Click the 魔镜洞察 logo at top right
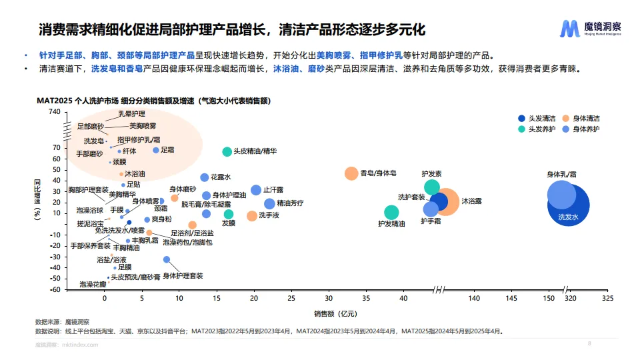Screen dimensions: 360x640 (591, 29)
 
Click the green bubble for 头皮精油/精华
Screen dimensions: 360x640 (227, 152)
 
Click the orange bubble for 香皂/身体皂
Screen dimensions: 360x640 (351, 173)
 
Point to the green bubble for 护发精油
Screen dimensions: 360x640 (391, 213)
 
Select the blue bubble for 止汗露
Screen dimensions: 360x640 (256, 190)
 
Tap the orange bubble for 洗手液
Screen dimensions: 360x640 (251, 216)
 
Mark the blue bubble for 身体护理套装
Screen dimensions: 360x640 (167, 259)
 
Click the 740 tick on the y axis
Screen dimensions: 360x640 (55, 111)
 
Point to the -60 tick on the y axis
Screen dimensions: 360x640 (55, 290)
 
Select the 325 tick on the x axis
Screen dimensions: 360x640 (607, 298)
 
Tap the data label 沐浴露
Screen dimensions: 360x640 (472, 201)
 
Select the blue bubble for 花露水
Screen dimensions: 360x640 (204, 177)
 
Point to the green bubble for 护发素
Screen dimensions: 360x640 (432, 187)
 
